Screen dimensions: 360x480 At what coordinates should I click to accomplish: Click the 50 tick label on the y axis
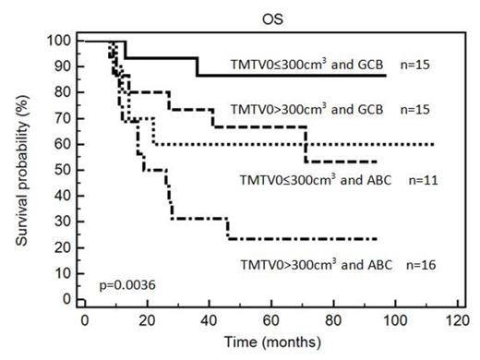pos(65,171)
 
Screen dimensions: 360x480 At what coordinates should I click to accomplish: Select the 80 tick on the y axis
pos(65,93)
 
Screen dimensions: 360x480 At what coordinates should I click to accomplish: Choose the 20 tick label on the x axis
pos(147,319)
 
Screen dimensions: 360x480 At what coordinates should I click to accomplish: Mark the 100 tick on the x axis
pos(395,319)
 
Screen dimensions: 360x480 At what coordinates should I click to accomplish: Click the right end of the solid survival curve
pos(385,76)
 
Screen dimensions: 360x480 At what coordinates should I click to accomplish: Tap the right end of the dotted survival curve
pos(434,145)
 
